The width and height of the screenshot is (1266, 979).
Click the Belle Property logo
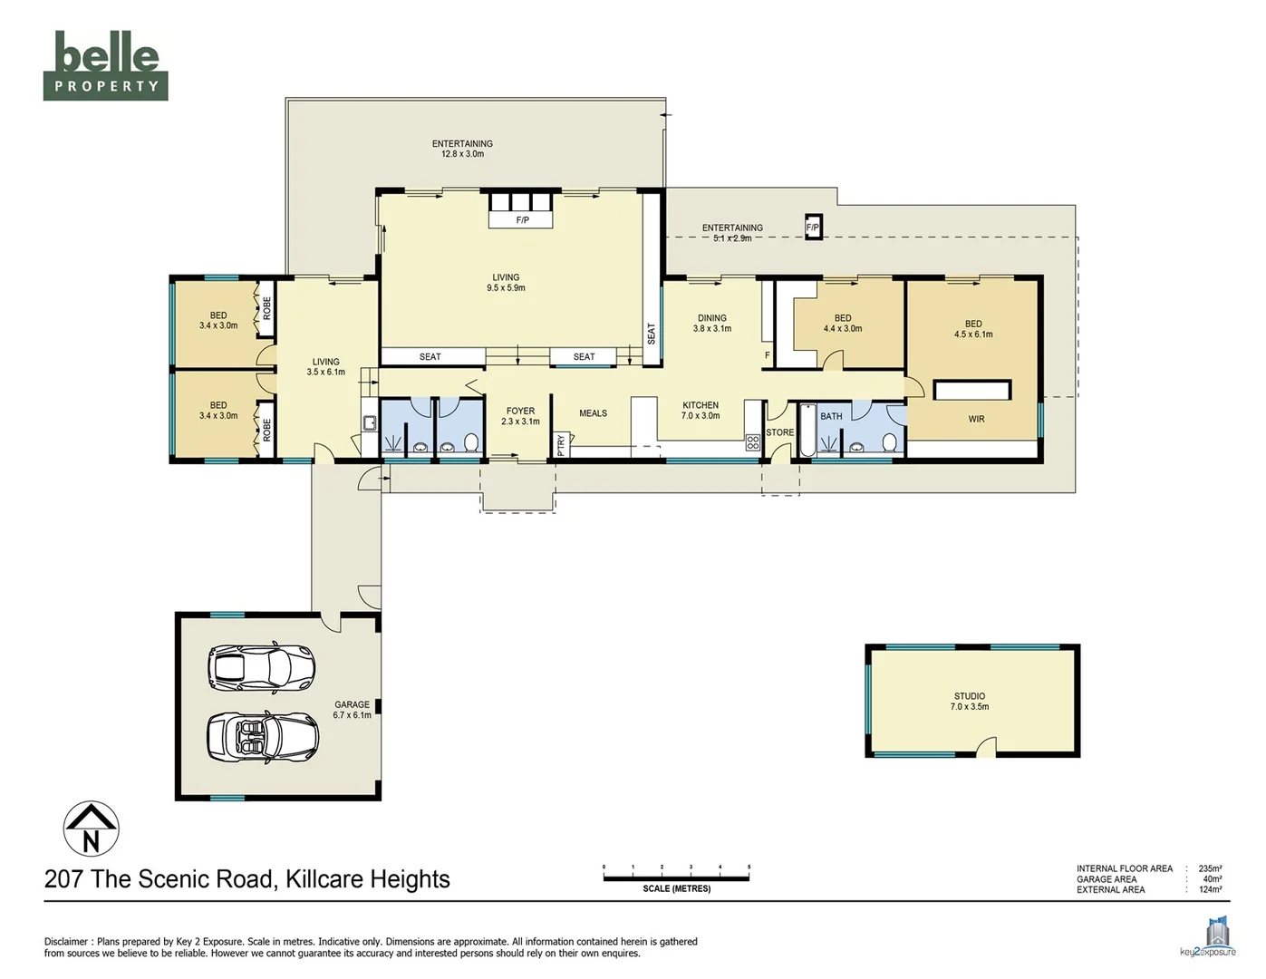click(105, 65)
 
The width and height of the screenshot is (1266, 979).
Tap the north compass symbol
click(91, 829)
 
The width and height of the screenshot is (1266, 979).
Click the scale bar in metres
click(676, 874)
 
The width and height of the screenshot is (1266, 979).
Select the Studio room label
click(969, 702)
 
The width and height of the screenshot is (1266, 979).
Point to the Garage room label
click(352, 710)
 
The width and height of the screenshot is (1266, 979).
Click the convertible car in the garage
click(262, 736)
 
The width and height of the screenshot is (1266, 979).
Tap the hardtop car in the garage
click(261, 666)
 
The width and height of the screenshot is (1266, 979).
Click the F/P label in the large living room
click(522, 220)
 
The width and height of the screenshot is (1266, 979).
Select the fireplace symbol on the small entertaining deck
click(813, 228)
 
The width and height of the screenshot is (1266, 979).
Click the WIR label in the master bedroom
click(976, 419)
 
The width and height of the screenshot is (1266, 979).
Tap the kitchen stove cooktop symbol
click(752, 443)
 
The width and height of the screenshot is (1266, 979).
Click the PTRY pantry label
click(561, 445)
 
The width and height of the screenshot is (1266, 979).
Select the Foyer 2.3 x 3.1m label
click(520, 416)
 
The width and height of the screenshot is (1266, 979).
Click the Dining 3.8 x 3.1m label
click(711, 324)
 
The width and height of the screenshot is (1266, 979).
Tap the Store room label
click(779, 433)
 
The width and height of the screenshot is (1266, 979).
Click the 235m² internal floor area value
click(1209, 868)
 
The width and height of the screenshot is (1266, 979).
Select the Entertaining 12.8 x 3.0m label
click(462, 149)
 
